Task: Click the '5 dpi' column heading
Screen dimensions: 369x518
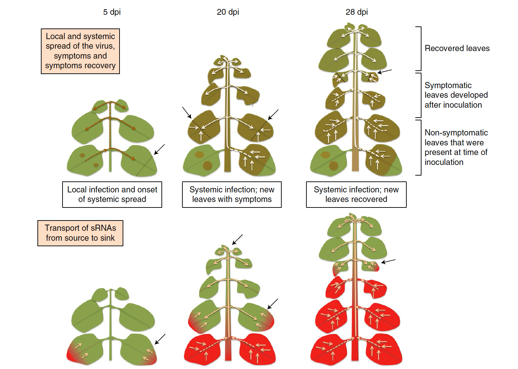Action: (x=112, y=12)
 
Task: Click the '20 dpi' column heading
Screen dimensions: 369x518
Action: (x=228, y=12)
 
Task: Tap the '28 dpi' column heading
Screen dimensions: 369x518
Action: (x=357, y=12)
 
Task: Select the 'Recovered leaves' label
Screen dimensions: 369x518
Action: (x=457, y=48)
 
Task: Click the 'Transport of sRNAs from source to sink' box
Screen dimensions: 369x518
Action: (x=80, y=233)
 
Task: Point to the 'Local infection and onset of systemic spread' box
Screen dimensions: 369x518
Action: (x=112, y=194)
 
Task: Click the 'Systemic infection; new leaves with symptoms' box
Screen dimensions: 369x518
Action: (x=232, y=194)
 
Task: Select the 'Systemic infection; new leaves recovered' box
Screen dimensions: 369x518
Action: (x=356, y=194)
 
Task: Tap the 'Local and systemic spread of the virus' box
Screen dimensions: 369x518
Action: (x=80, y=51)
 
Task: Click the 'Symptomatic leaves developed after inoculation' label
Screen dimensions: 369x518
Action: (x=456, y=95)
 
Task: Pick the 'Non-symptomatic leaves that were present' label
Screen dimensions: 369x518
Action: (x=456, y=147)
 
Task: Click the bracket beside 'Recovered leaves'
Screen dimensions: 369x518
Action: (x=419, y=49)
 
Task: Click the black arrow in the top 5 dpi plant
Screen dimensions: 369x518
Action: (x=159, y=150)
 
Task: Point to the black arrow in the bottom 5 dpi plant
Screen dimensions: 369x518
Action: (x=160, y=339)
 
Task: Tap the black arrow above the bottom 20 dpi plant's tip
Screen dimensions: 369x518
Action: (x=237, y=239)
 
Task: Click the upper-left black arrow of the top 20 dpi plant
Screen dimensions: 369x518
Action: (x=187, y=112)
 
